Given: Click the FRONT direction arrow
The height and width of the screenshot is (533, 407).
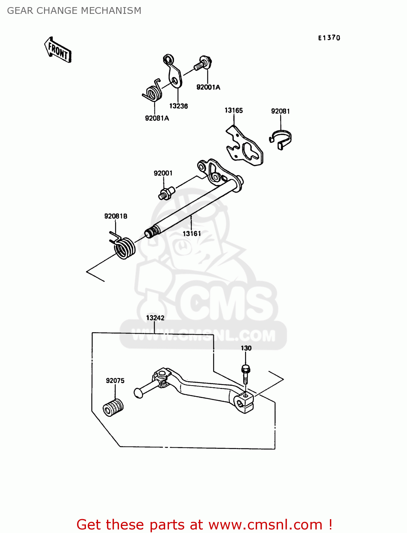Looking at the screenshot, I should (58, 50).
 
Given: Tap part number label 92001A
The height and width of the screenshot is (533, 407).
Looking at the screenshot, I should (208, 87).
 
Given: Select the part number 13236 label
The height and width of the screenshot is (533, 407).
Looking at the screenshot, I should (178, 106).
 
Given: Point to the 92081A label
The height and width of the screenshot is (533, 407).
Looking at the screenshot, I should (157, 118).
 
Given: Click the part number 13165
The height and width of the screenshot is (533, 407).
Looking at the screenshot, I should (234, 111).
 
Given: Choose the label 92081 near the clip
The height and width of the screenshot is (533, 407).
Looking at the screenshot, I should (280, 111).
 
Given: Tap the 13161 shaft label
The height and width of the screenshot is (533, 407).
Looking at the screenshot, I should (192, 233).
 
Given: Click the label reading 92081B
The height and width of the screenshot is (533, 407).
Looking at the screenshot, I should (116, 216).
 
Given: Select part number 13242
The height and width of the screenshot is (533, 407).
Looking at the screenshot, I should (155, 318).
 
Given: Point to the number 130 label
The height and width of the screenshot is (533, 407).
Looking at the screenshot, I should (246, 348).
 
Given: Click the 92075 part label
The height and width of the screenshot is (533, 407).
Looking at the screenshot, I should (115, 381).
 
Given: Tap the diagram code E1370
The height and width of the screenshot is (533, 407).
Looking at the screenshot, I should (329, 38).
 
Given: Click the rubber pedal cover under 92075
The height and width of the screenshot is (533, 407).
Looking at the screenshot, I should (113, 407).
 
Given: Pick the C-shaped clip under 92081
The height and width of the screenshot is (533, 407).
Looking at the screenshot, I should (281, 139).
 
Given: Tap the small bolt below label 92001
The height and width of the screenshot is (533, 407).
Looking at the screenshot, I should (166, 193).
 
